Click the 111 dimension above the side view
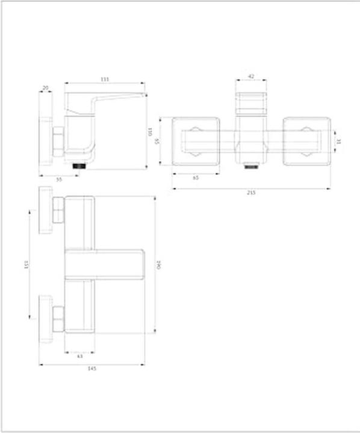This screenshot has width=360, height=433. point(104,78)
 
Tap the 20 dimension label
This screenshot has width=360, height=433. point(45,88)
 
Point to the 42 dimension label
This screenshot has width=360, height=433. point(251,77)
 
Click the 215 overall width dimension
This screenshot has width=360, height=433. point(251,192)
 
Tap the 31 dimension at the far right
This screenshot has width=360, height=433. point(338,142)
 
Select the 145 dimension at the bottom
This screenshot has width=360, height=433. point(92,368)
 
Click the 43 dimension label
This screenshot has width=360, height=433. point(80,356)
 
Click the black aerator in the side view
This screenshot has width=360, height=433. point(79,164)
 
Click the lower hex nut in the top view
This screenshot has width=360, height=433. point(58,319)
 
